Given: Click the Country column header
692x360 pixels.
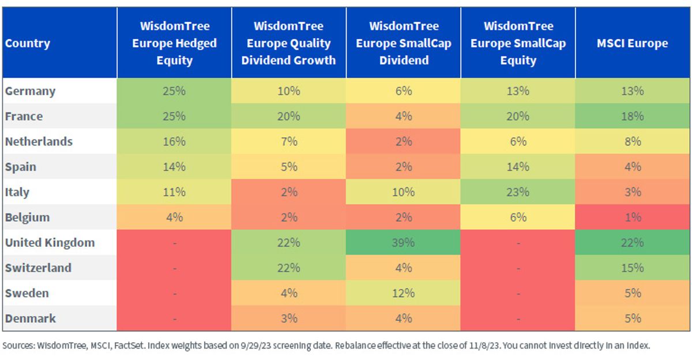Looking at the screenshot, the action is click(x=28, y=43).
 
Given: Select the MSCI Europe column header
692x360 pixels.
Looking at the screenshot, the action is click(x=633, y=43).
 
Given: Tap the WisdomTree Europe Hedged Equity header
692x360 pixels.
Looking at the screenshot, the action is click(x=175, y=43).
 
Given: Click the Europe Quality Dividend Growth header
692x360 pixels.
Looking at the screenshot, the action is click(x=288, y=43).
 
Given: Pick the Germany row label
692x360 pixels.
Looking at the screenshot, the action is click(x=30, y=91).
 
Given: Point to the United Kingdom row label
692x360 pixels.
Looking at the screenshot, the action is click(x=50, y=242).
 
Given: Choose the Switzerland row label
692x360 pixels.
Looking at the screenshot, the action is click(x=38, y=268).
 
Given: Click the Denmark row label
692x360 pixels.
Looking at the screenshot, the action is click(x=30, y=318).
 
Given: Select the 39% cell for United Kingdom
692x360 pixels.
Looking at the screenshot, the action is click(x=404, y=242).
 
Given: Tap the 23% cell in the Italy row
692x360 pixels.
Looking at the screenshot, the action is click(x=518, y=192).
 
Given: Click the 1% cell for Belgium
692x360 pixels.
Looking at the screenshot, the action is click(x=633, y=217).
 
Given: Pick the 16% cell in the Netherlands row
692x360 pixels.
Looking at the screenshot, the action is click(x=174, y=142).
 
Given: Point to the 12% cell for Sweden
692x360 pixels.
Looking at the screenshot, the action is click(x=404, y=293).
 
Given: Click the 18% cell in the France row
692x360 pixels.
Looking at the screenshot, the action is click(x=633, y=117).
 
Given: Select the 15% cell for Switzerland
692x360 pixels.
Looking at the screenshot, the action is click(x=633, y=268).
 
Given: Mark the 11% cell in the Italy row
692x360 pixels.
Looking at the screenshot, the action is click(x=174, y=192).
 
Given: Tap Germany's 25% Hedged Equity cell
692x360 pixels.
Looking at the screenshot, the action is click(x=174, y=91).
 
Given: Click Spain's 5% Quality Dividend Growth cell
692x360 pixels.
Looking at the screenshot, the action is click(x=289, y=167).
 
